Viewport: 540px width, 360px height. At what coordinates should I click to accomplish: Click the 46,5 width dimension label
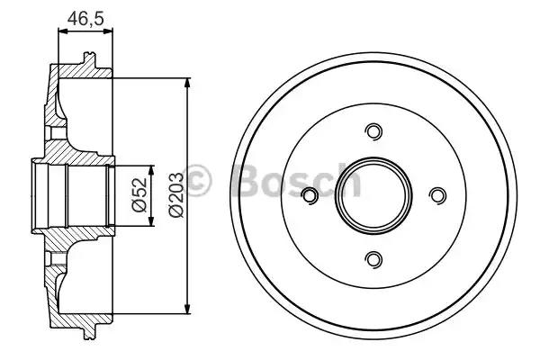click(85, 18)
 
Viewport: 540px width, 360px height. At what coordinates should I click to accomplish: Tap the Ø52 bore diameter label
click(139, 195)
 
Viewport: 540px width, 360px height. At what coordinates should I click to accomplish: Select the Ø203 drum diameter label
click(176, 195)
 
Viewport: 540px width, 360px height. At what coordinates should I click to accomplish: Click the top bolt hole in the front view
click(373, 131)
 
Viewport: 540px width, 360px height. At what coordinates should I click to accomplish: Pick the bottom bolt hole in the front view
click(373, 258)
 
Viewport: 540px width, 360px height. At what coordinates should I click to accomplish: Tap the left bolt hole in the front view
click(310, 195)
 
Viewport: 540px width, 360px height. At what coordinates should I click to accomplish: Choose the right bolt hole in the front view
click(437, 195)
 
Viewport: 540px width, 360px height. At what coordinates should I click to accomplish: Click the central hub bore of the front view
click(373, 195)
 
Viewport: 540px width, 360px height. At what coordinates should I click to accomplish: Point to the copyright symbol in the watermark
click(197, 181)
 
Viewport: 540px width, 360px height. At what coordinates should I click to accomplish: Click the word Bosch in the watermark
click(296, 179)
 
